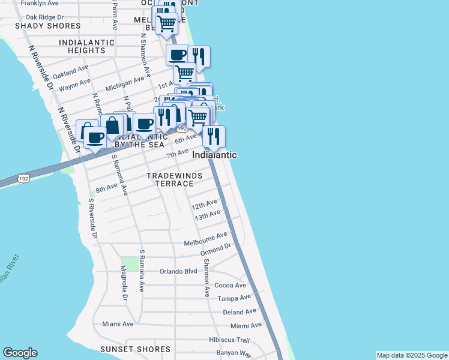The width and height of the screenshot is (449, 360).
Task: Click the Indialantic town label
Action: coord(214,155)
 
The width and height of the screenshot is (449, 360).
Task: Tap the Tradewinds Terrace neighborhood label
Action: coord(175,179)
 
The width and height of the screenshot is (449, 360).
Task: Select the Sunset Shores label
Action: coord(135,349)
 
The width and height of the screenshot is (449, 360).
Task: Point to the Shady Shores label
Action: coord(47,26)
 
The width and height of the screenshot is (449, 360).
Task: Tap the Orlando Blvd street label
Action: coord(178,271)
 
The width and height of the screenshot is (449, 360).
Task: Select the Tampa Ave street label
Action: coord(234,298)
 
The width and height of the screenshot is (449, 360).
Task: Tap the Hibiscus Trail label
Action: coord(229,340)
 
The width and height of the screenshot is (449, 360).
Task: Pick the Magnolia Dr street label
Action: coord(124,283)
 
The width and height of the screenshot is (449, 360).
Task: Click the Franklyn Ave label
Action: coord(39,3)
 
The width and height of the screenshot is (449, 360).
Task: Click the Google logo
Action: coord(20,353)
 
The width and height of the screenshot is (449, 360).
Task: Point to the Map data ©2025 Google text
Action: coord(412,355)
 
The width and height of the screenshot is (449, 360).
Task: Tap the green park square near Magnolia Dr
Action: coord(130,263)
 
